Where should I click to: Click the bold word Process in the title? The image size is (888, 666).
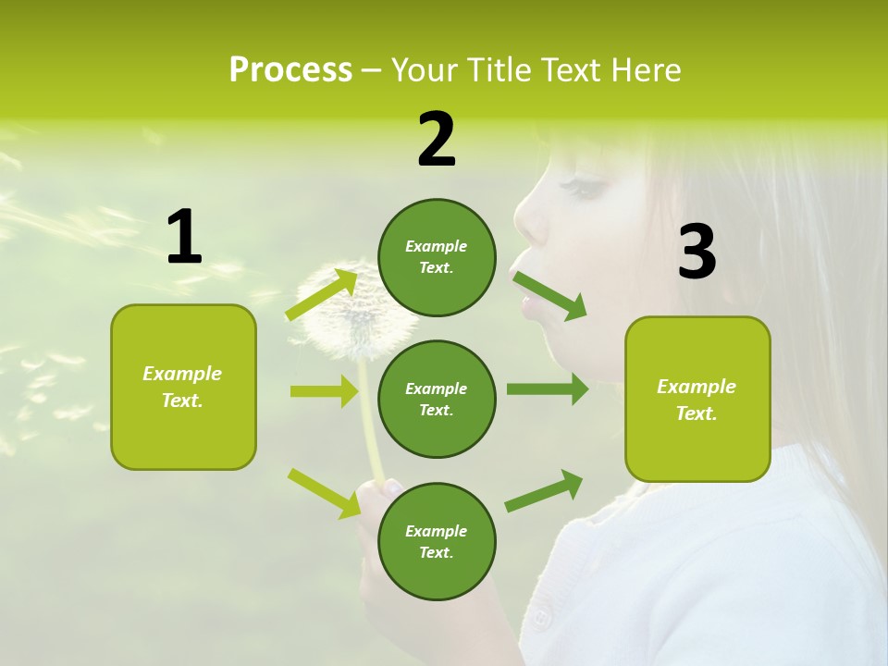290,70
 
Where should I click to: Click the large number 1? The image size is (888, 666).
184,238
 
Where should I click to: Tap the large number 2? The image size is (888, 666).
437,140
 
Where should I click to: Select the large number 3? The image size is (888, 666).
697,253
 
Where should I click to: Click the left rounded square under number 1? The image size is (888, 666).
183,387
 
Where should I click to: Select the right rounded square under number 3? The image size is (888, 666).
697,399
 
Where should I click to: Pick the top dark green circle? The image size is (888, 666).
437,257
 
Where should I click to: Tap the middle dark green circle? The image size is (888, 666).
437,399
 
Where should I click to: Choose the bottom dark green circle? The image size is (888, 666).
437,541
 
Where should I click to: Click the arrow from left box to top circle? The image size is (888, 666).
322,295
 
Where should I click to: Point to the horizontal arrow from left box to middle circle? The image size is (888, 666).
324,391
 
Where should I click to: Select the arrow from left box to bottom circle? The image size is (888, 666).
324,492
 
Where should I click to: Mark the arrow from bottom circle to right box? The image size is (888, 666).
545,490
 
